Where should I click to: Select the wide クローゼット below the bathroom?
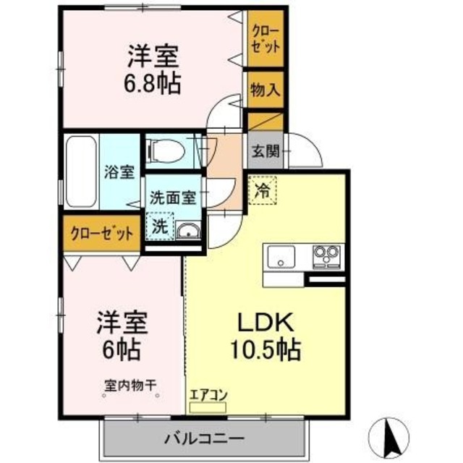pyautogui.click(x=101, y=234)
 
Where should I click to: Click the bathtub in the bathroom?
pyautogui.click(x=80, y=171)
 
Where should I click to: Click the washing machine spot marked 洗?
pyautogui.click(x=159, y=225)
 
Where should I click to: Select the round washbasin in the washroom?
pyautogui.click(x=187, y=231)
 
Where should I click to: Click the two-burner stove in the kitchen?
pyautogui.click(x=326, y=256)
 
